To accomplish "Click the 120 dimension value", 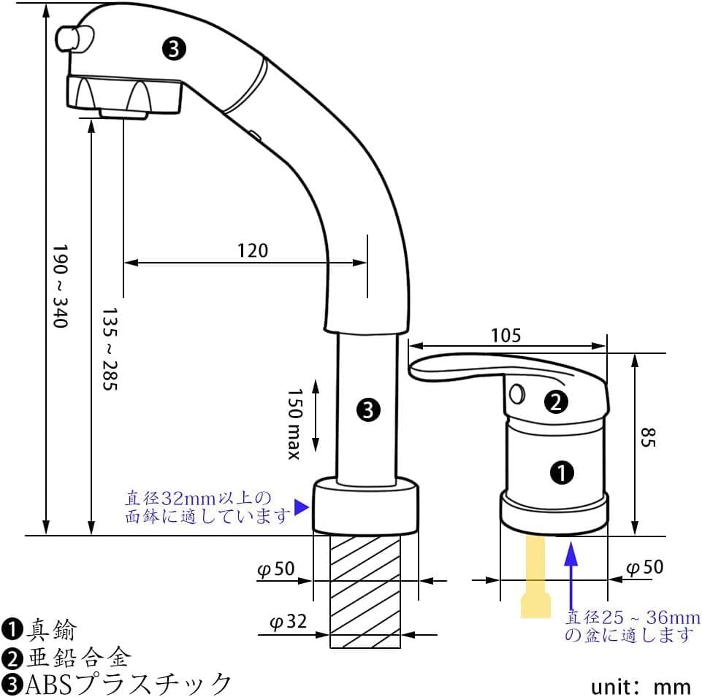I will (x=253, y=250).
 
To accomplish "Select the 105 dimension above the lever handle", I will (x=506, y=335).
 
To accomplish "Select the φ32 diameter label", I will (x=287, y=623).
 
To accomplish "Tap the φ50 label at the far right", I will (x=646, y=567).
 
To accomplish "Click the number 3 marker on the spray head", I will (x=174, y=49).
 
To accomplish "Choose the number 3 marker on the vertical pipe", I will (x=368, y=410).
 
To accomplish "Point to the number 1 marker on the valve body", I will (x=562, y=473).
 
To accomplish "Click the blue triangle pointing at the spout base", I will (x=300, y=507).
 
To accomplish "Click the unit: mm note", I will (x=641, y=686).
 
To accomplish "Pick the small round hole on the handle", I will (x=517, y=394).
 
